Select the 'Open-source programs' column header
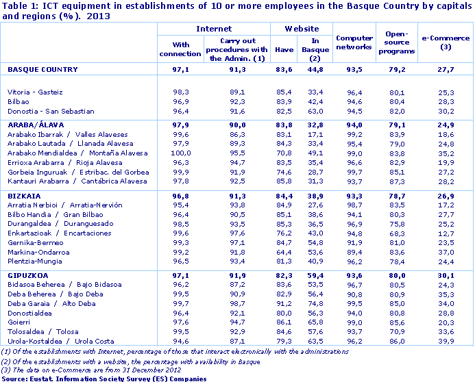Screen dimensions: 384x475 click(x=397, y=42)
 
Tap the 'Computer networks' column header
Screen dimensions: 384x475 click(x=354, y=42)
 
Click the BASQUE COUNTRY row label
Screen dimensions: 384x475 click(x=37, y=69)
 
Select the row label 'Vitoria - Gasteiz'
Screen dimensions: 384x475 click(x=34, y=92)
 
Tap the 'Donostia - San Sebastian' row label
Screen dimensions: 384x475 click(x=50, y=111)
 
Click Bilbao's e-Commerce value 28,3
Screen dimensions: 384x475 click(x=446, y=101)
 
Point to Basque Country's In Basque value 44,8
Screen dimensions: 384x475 click(x=316, y=69)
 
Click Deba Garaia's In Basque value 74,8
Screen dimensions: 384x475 click(x=316, y=304)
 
